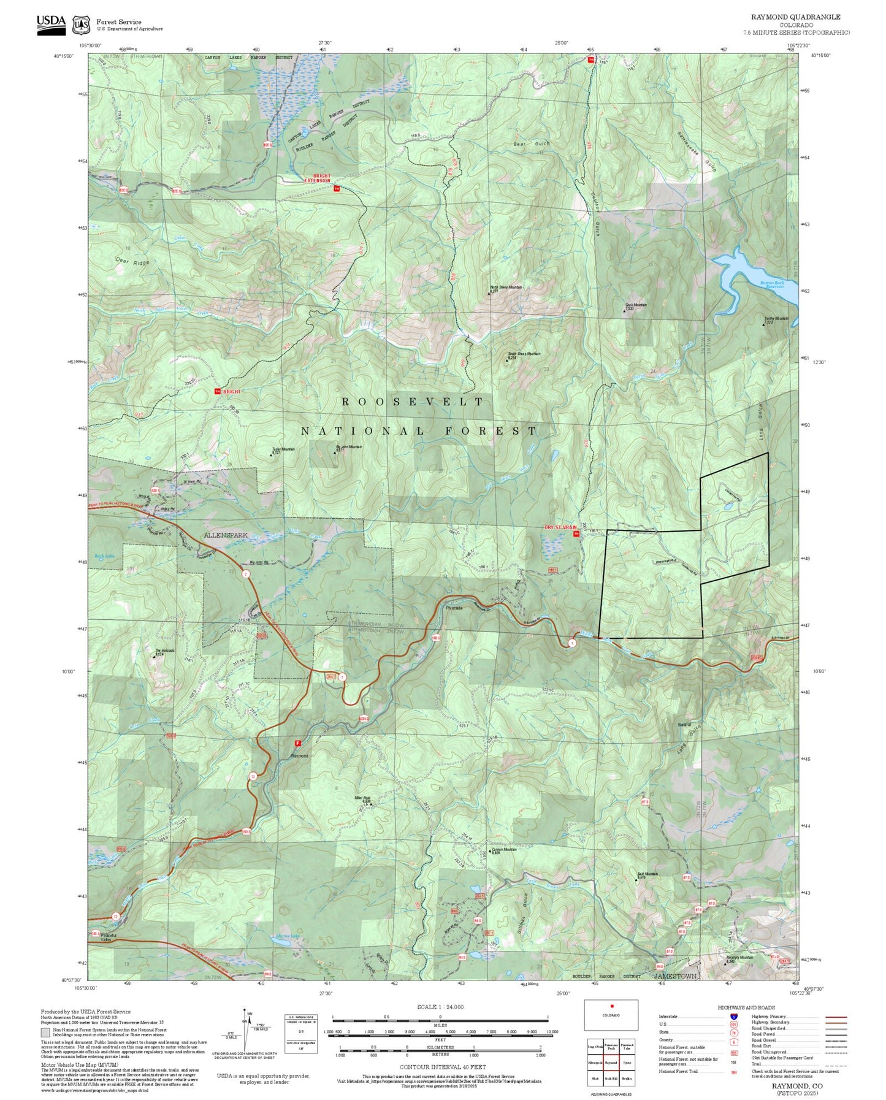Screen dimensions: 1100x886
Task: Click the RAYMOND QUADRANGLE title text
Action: pos(795,17)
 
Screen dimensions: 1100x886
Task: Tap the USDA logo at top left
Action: pos(51,22)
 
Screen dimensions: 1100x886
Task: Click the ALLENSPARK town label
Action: pos(226,535)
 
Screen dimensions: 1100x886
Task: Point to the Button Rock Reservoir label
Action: pos(772,285)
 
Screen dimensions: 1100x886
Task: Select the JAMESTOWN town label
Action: pos(675,976)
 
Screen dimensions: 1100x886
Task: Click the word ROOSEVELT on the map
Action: pos(413,402)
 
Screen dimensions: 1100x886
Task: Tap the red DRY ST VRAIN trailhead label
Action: pos(560,527)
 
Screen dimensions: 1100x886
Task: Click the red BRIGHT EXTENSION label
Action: pos(318,178)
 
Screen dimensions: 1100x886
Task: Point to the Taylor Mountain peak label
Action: pos(283,449)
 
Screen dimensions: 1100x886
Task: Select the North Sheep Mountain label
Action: pos(506,287)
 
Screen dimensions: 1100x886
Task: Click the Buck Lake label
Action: pos(104,556)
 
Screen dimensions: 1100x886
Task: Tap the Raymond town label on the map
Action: pos(299,755)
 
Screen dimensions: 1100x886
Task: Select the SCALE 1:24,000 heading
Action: pos(440,1007)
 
